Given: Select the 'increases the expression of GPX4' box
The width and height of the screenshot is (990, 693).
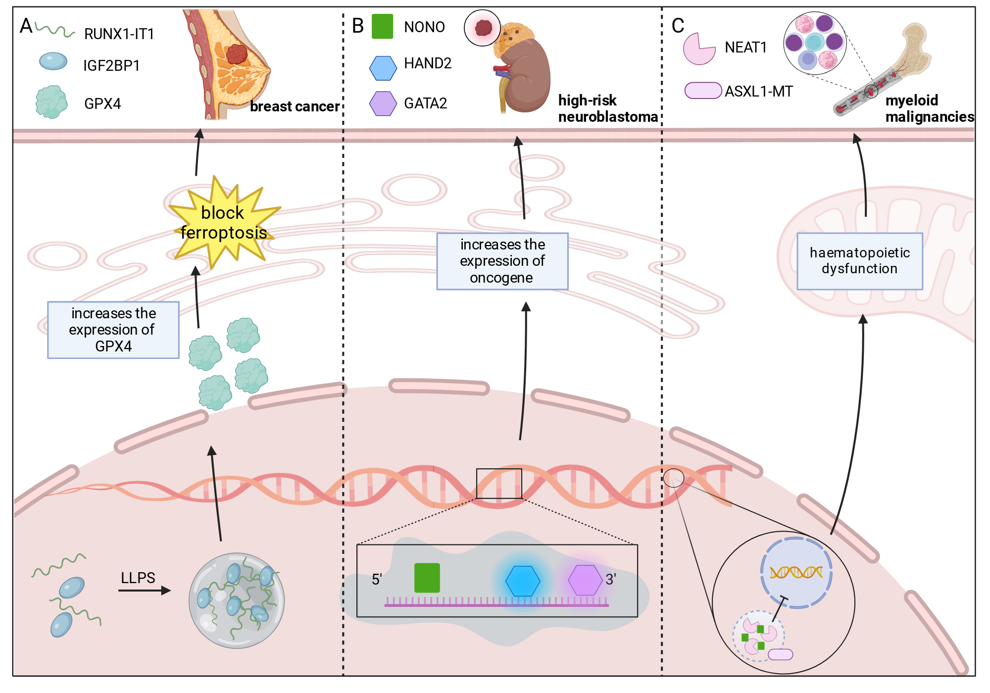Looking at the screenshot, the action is coord(113,330).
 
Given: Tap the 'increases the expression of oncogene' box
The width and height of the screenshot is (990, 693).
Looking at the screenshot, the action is coord(502,261).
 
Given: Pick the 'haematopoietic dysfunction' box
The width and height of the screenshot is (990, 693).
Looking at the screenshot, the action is coord(860,261).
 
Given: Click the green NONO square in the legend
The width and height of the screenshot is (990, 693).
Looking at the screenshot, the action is coord(382,26).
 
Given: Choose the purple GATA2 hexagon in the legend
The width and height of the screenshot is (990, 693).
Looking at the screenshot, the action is coord(383,103).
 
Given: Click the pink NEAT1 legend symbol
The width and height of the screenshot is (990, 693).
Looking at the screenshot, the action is coord(698,49).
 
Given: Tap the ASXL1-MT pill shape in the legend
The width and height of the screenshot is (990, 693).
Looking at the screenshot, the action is coord(703,91).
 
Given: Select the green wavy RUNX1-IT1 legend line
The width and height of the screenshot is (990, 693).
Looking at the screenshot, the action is coord(54,31).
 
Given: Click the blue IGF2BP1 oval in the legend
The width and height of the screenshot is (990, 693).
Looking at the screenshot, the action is coord(53,61).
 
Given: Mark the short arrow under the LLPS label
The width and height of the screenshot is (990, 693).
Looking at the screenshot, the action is coord(145,591).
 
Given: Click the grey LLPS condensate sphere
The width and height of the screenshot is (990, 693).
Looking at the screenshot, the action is coord(237,600).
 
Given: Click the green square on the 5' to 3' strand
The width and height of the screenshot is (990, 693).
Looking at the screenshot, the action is coord(427,578).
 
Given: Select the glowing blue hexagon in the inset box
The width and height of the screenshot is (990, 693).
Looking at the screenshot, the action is coord(523,581).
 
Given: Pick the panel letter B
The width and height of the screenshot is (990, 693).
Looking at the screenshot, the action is coord(357,26).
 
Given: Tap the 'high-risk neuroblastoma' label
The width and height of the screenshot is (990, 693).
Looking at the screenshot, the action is coord(608,108).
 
